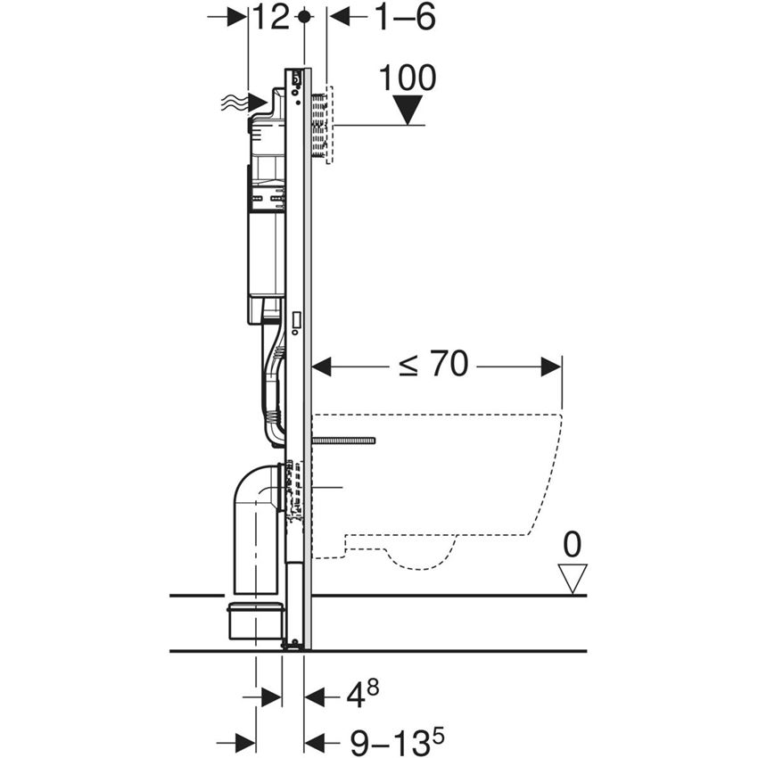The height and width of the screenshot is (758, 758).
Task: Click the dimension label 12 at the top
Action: (x=270, y=17)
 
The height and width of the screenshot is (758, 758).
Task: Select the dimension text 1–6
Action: (x=404, y=17)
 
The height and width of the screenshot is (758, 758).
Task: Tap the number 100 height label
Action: (x=408, y=78)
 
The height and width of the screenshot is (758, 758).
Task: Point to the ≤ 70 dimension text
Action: (x=433, y=365)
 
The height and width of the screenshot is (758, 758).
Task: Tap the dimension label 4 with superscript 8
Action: (x=355, y=695)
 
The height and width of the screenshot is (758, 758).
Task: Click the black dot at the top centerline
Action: (x=305, y=16)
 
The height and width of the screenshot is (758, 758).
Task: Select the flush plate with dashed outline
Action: (x=322, y=125)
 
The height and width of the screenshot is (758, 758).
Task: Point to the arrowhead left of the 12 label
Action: (x=238, y=17)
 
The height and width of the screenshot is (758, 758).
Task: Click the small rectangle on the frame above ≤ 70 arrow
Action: (x=296, y=318)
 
